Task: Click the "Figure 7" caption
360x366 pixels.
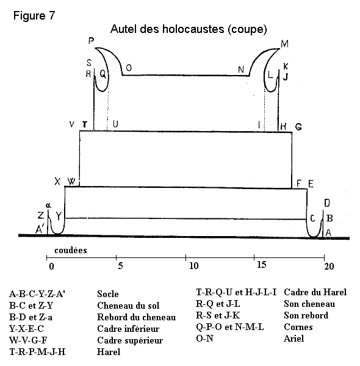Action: point(34,16)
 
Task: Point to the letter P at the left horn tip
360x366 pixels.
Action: point(92,41)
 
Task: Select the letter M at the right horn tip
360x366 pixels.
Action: point(284,44)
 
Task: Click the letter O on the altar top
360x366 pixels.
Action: point(129,68)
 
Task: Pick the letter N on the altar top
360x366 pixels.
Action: point(241,70)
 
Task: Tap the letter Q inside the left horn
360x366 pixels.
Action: point(103,74)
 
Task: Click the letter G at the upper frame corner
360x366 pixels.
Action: point(298,127)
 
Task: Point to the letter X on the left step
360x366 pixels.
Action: point(57,181)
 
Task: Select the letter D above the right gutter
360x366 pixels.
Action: point(327,203)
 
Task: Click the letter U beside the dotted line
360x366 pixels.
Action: point(115,124)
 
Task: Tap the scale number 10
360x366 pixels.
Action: point(194,265)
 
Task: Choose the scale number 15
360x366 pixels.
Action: point(262,265)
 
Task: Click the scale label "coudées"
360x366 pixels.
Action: point(71,250)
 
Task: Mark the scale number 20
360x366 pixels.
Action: point(329,266)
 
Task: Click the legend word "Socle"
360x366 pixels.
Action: point(108,294)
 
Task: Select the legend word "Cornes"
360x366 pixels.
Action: point(298,327)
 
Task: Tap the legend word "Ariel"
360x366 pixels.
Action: point(294,339)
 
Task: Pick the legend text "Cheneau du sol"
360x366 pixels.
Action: point(128,306)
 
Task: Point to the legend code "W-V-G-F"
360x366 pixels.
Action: point(28,340)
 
